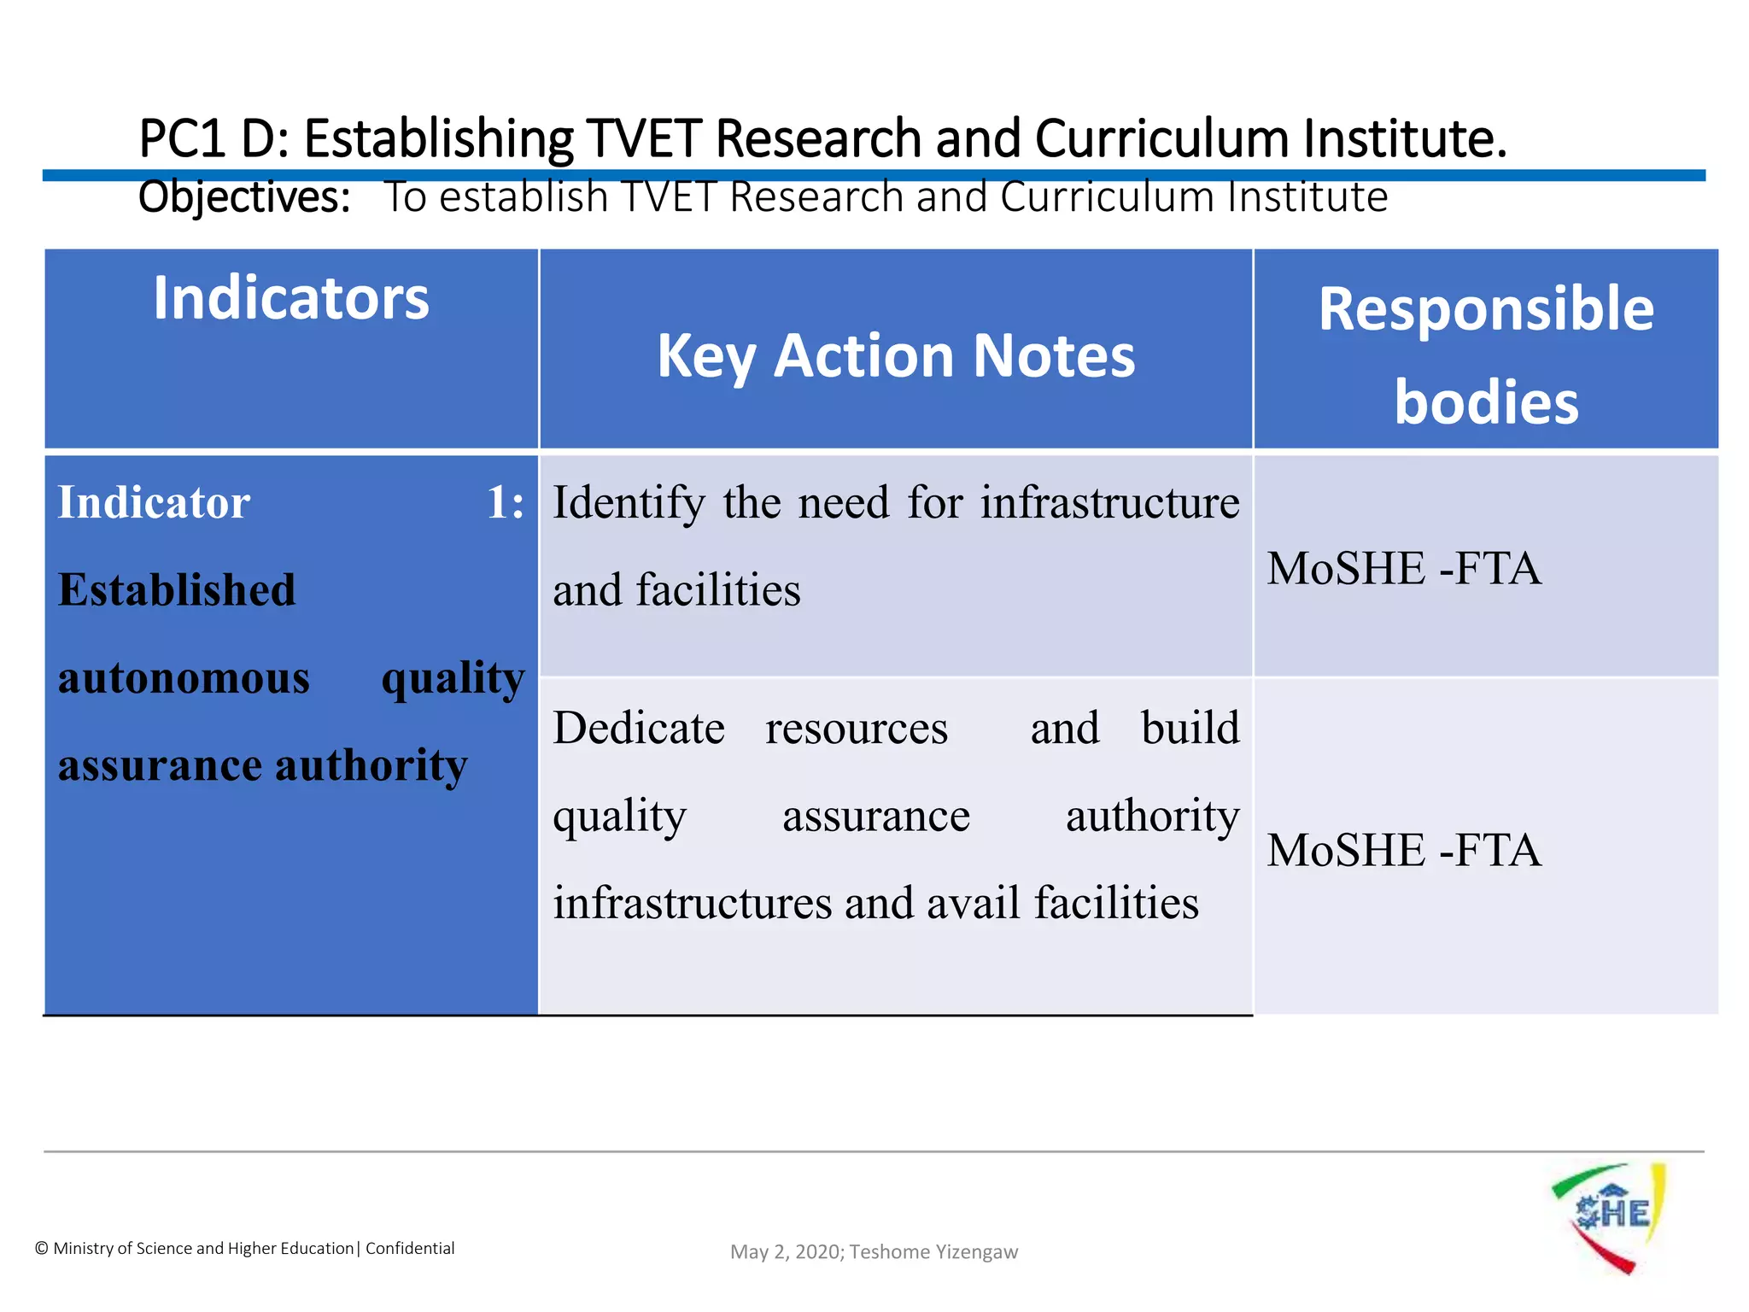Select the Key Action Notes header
[896, 355]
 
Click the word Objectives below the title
[244, 197]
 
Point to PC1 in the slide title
[182, 138]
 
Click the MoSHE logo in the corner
[1609, 1216]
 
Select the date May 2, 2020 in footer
[786, 1252]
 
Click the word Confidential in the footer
[410, 1249]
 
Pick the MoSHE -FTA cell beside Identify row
[1404, 569]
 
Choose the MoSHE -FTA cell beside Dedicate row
[1404, 851]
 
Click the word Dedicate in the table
[639, 729]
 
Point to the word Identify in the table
[629, 503]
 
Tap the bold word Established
[177, 590]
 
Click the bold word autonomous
[184, 678]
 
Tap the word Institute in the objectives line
[1307, 197]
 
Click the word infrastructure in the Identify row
[1109, 503]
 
